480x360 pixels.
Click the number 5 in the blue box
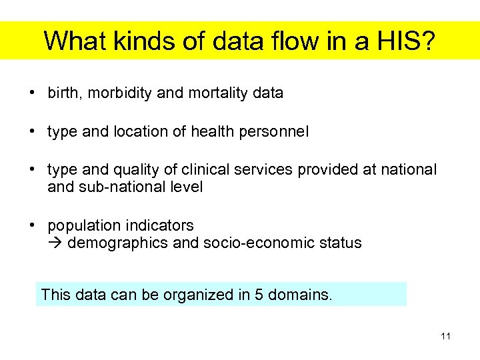pos(259,294)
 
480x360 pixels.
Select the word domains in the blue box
pos(299,294)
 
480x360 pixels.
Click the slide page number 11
pos(445,336)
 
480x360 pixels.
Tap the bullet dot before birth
pos(33,93)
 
